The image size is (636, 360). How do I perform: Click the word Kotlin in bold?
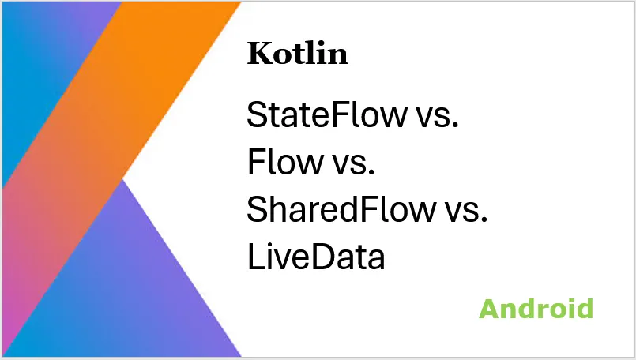point(297,54)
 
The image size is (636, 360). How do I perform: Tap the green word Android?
point(536,309)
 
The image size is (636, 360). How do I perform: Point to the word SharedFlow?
point(341,210)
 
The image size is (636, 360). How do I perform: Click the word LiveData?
point(316,257)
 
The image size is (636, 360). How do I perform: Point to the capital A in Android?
point(490,309)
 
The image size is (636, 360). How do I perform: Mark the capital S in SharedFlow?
point(257,210)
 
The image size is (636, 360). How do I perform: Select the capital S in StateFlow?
point(257,115)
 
